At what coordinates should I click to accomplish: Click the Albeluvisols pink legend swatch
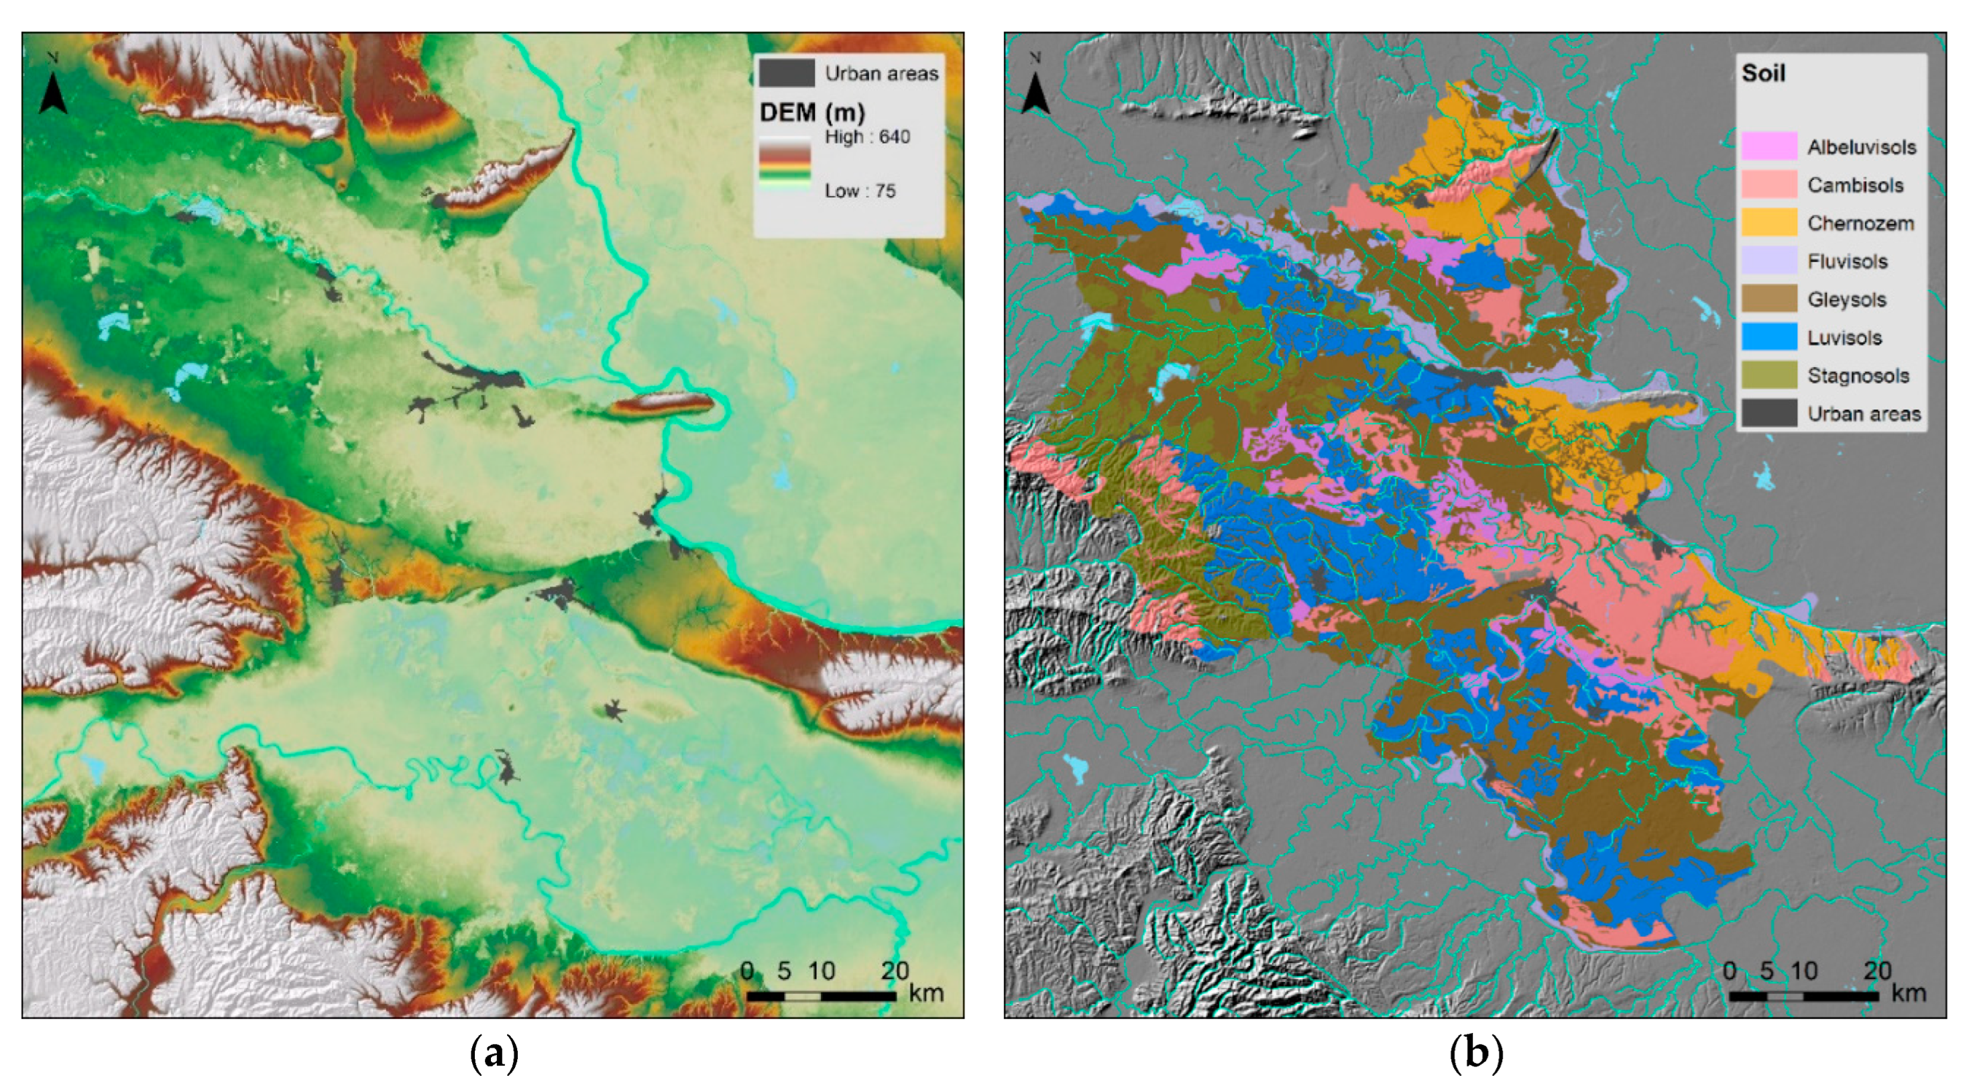pos(1768,146)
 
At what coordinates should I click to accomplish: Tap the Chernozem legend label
pos(1860,224)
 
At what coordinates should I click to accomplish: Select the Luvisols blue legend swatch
pos(1768,337)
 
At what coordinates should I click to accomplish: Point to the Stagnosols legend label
pos(1858,375)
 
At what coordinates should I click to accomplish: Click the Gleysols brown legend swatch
pos(1768,299)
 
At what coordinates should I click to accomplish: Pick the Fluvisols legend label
pos(1847,262)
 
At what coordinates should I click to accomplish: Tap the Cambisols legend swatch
pos(1768,185)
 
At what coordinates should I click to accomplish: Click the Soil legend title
pos(1763,73)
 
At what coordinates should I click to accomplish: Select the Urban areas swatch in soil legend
pos(1768,413)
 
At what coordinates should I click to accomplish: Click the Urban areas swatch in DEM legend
pos(787,73)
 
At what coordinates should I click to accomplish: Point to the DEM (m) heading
pos(811,113)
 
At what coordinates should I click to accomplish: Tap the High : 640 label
pos(866,137)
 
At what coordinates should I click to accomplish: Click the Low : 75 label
pos(859,191)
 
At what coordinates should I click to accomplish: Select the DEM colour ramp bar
pos(784,164)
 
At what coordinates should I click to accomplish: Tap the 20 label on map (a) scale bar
pos(895,971)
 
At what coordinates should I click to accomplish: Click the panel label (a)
pos(494,1054)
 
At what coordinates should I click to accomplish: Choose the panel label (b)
pos(1475,1054)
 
